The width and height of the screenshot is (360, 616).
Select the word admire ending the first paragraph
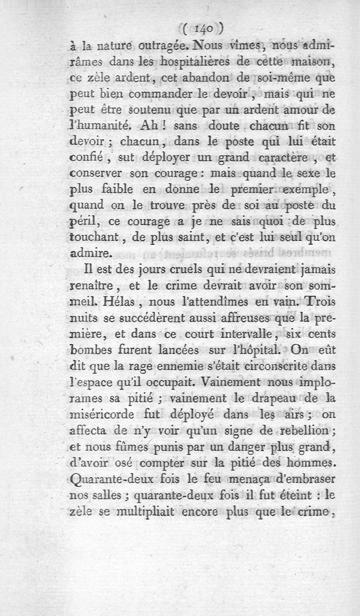(90, 254)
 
